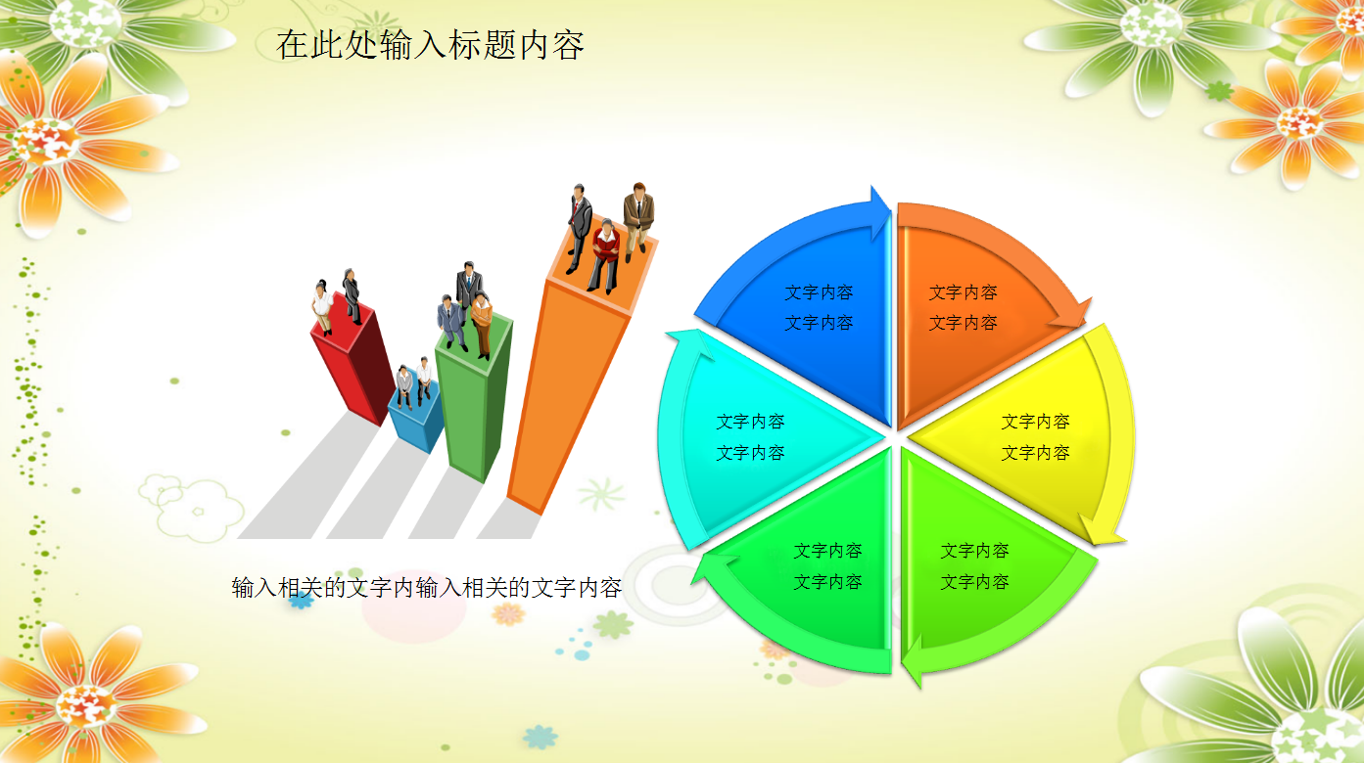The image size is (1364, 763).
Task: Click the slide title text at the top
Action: coord(430,44)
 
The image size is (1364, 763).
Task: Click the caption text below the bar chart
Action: coord(427,588)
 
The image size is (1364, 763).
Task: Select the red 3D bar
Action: coord(353,362)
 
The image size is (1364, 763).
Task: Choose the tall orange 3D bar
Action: coord(568,391)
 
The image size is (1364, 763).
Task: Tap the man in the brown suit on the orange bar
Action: coord(637,217)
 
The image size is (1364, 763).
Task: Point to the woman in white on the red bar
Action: coord(322,306)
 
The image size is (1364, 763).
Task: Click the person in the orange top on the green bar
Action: coord(482,324)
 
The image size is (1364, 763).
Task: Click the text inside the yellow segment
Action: coord(1035,436)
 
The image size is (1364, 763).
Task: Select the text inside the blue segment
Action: coord(819,307)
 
